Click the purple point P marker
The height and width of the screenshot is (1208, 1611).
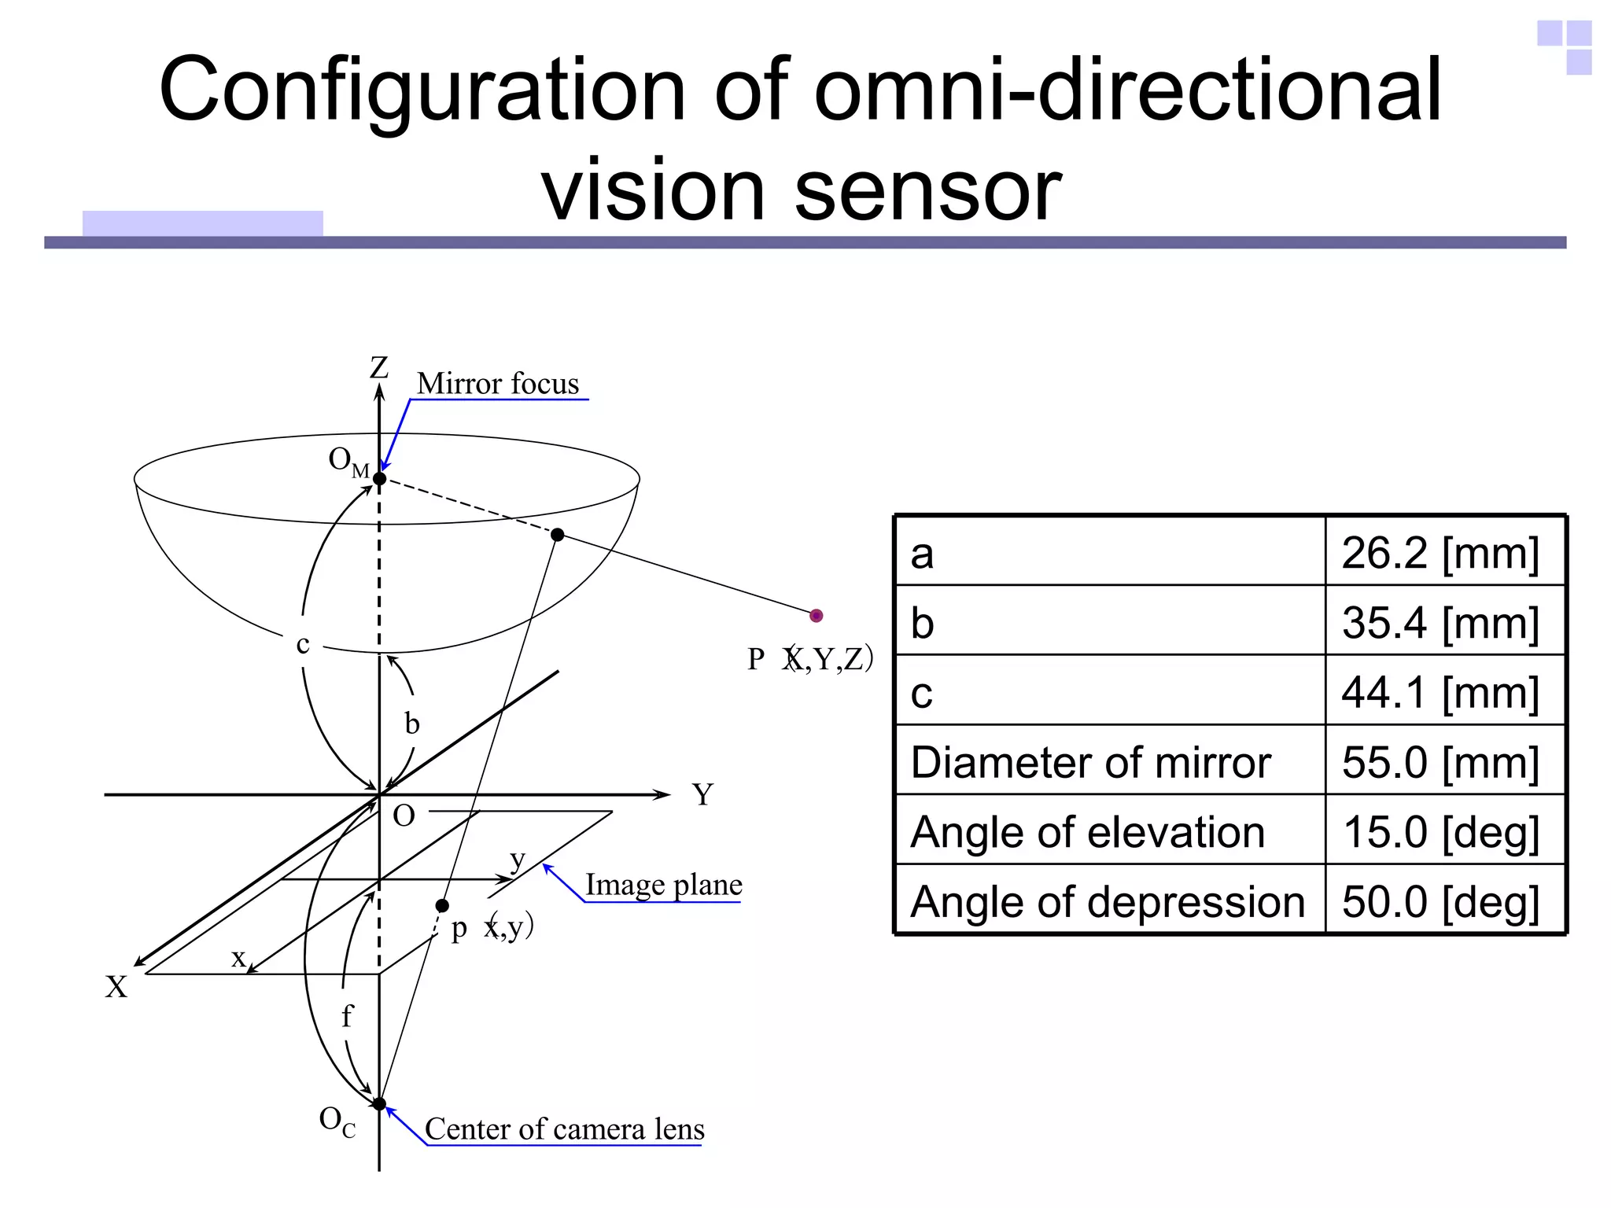(816, 615)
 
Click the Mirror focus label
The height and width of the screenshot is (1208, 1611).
(497, 384)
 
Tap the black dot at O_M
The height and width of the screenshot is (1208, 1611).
(379, 478)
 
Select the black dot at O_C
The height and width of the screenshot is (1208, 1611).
(379, 1103)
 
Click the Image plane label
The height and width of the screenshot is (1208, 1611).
(663, 885)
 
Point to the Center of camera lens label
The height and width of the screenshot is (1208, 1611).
(564, 1129)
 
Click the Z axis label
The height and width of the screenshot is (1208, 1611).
(379, 367)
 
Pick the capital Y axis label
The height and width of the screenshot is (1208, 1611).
(702, 794)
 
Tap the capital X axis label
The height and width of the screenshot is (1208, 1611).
(116, 987)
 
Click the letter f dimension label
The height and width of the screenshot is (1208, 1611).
(347, 1016)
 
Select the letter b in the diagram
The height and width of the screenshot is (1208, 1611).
(411, 724)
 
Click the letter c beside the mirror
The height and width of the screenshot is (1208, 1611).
(303, 644)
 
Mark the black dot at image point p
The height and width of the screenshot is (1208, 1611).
(442, 906)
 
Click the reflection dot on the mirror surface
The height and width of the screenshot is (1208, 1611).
(558, 535)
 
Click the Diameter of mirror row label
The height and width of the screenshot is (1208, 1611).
(1090, 762)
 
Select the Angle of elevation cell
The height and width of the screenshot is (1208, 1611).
(1087, 832)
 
